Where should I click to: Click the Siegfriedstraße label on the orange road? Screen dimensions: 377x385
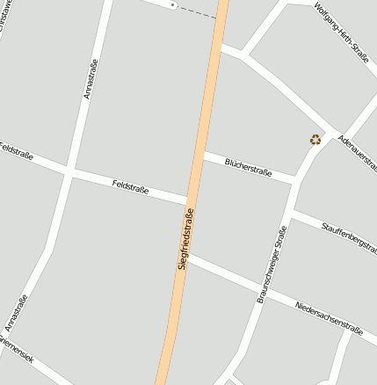pos(185,239)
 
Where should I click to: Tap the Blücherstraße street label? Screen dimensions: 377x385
pos(247,165)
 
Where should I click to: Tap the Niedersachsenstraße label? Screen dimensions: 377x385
pos(329,317)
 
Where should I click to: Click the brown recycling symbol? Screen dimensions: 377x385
pos(315,139)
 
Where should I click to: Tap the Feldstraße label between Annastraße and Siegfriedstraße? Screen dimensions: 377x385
pos(131,185)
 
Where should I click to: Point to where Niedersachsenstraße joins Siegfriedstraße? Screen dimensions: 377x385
pos(189,258)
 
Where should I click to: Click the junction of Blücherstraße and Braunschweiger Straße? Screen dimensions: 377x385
pos(297,179)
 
